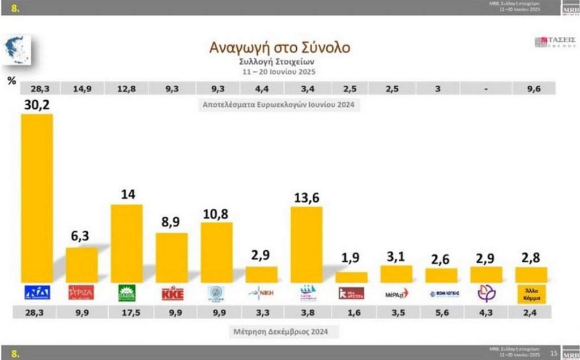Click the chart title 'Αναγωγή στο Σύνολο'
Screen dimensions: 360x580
point(280,46)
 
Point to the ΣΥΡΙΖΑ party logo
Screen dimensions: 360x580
point(81,293)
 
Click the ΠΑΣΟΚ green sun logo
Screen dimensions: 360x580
point(126,293)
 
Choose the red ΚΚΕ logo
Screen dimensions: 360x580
point(172,293)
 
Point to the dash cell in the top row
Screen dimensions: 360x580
point(485,88)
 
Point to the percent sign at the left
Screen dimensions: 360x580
point(11,81)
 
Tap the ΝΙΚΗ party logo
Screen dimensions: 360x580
point(262,293)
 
